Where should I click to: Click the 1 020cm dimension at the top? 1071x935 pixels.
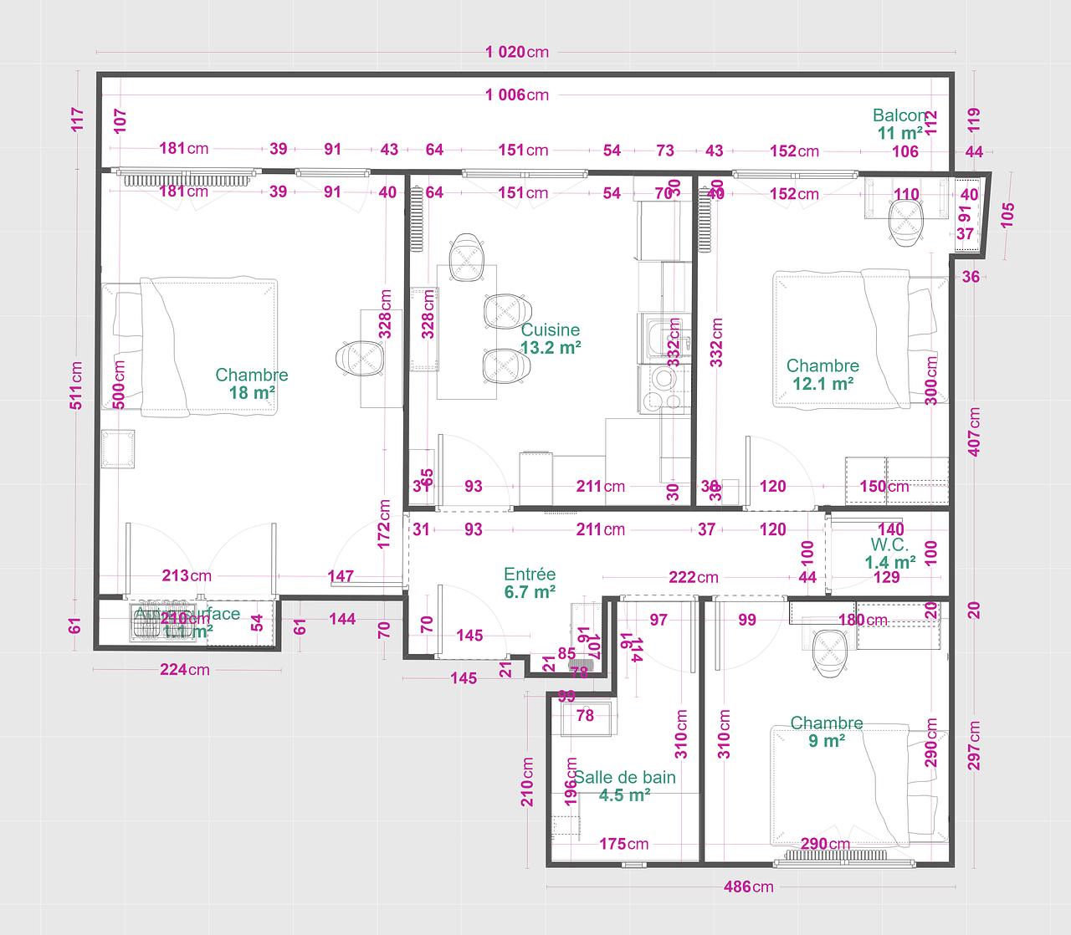click(516, 52)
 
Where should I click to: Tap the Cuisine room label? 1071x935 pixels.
click(550, 330)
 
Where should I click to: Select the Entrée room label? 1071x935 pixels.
click(530, 575)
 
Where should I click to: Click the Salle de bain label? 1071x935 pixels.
click(624, 777)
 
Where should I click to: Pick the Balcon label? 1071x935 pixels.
click(900, 115)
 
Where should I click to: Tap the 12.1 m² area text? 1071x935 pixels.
click(822, 384)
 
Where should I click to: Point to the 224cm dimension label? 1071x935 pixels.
click(185, 669)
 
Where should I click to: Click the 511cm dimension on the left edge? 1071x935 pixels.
click(77, 385)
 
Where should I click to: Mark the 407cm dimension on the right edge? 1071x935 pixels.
click(973, 432)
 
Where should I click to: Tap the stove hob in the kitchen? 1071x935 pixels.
click(664, 389)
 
